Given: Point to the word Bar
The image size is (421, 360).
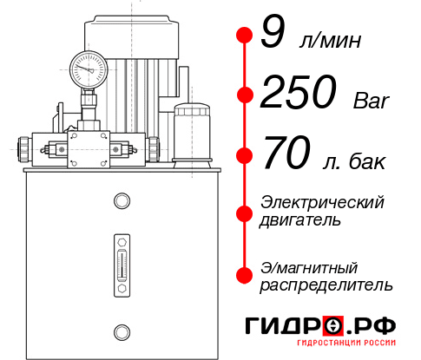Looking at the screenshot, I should (x=372, y=101).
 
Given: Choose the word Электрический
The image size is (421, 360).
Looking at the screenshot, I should (x=322, y=202).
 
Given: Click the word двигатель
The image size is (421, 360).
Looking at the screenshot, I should (x=299, y=220).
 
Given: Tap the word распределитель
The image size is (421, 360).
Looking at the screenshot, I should (x=326, y=285).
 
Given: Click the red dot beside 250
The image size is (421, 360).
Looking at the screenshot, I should (x=243, y=95).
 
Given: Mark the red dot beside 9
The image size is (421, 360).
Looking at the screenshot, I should (x=243, y=36).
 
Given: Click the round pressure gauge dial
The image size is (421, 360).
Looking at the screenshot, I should (x=88, y=66).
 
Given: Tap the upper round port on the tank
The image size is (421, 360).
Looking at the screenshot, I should (x=121, y=202).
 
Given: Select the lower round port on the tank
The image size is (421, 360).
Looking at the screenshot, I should (x=121, y=331).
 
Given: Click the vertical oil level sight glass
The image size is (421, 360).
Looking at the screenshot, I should (x=121, y=265).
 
